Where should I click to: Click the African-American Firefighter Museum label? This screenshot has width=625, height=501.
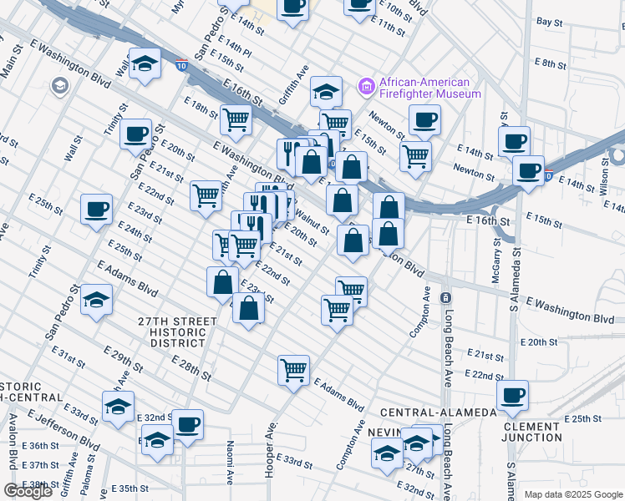click(430, 88)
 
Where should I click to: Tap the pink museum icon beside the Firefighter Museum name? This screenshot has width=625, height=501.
click(365, 85)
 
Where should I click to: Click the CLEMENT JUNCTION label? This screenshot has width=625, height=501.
click(532, 432)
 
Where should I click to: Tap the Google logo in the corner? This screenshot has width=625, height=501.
click(28, 491)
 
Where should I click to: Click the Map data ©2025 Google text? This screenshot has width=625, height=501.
click(574, 494)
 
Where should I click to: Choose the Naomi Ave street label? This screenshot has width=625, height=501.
click(229, 464)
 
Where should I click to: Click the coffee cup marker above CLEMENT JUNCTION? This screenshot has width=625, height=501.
click(512, 394)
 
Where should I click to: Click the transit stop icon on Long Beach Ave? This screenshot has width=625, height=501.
click(446, 298)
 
